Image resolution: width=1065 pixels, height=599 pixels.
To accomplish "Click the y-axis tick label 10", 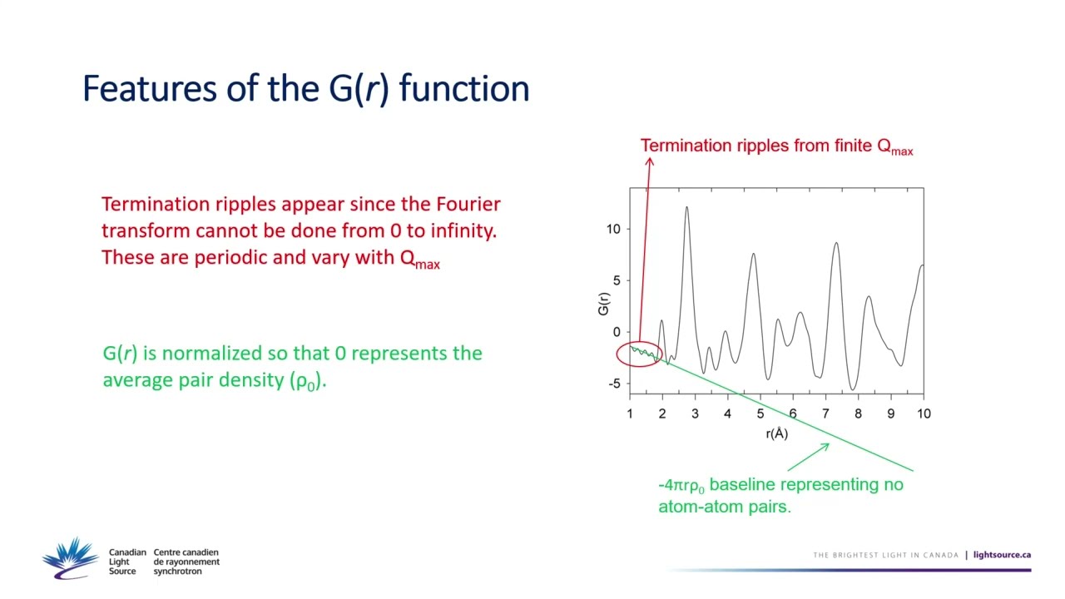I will pyautogui.click(x=614, y=229).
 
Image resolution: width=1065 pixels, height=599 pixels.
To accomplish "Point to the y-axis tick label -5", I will pyautogui.click(x=614, y=384).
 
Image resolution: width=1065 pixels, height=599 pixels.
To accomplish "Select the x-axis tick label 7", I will pyautogui.click(x=825, y=413).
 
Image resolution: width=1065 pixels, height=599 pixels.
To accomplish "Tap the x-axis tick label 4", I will pyautogui.click(x=727, y=413).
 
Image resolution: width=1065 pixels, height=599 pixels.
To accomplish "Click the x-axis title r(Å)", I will pyautogui.click(x=776, y=433).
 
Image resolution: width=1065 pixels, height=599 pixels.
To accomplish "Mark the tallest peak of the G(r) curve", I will pyautogui.click(x=686, y=207).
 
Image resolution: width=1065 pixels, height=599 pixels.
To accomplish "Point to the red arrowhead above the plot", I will pyautogui.click(x=650, y=161).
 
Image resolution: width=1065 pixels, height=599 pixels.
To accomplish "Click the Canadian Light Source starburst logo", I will pyautogui.click(x=70, y=557).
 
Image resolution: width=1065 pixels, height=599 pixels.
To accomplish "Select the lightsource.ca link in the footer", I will pyautogui.click(x=1002, y=555).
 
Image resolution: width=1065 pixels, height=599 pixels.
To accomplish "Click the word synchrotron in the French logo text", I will pyautogui.click(x=177, y=572).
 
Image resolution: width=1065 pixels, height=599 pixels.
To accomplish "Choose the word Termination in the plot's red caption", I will pyautogui.click(x=686, y=146).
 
